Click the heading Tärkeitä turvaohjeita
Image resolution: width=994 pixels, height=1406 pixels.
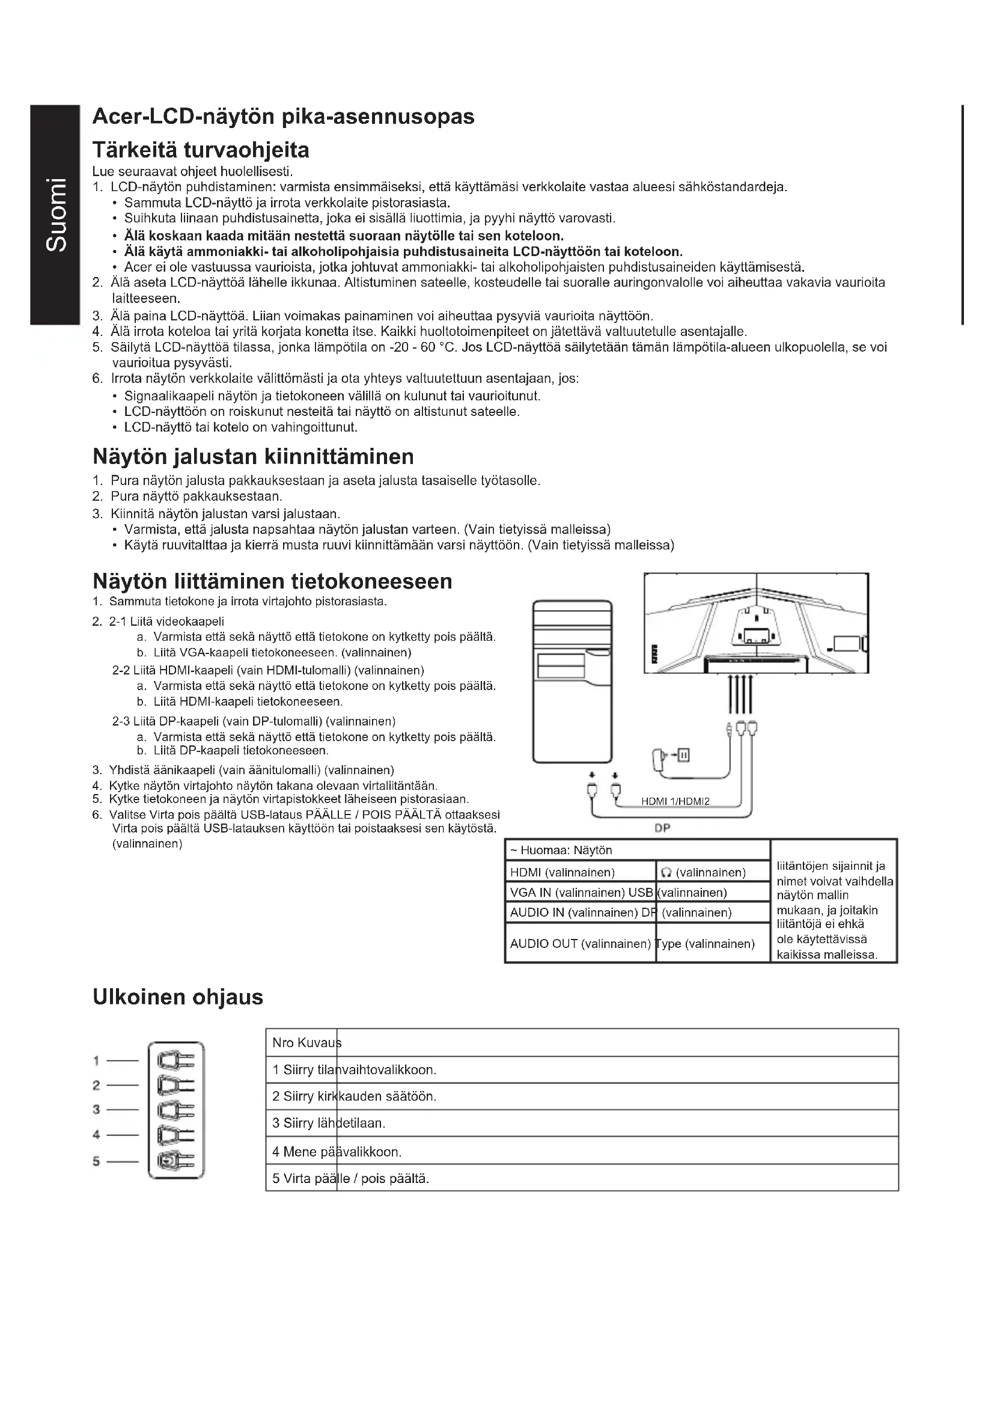(201, 150)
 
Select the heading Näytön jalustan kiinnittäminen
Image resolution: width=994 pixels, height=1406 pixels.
(253, 456)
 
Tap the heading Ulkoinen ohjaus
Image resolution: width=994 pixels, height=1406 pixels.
(177, 996)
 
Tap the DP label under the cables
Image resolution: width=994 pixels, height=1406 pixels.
(662, 828)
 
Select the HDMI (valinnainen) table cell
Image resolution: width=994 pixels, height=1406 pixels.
(562, 872)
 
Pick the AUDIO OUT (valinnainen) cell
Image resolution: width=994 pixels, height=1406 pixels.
(579, 944)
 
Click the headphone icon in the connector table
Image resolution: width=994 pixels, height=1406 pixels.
(667, 873)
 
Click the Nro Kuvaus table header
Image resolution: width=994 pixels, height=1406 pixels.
(306, 1042)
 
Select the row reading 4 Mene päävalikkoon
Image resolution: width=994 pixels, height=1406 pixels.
(337, 1152)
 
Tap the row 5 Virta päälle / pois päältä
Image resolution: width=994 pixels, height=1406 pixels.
(351, 1179)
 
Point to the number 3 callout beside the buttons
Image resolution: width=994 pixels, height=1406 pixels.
(96, 1110)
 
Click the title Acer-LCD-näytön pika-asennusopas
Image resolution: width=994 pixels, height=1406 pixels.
(283, 117)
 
